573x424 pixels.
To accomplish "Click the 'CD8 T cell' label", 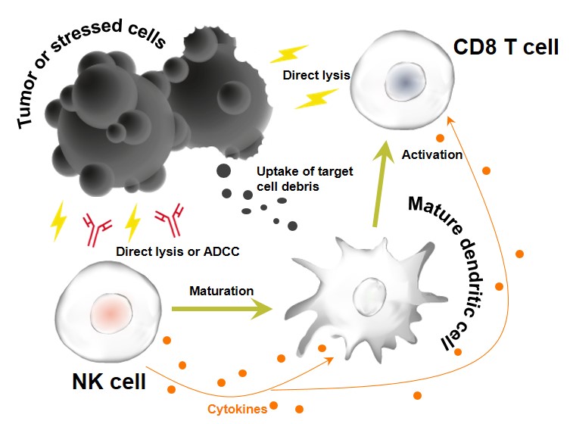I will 506,47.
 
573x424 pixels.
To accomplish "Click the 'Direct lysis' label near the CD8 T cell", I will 316,76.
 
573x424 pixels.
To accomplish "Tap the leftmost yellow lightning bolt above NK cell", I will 59,222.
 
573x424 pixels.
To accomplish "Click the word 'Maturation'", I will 221,290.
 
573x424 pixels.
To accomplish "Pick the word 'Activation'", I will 431,154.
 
